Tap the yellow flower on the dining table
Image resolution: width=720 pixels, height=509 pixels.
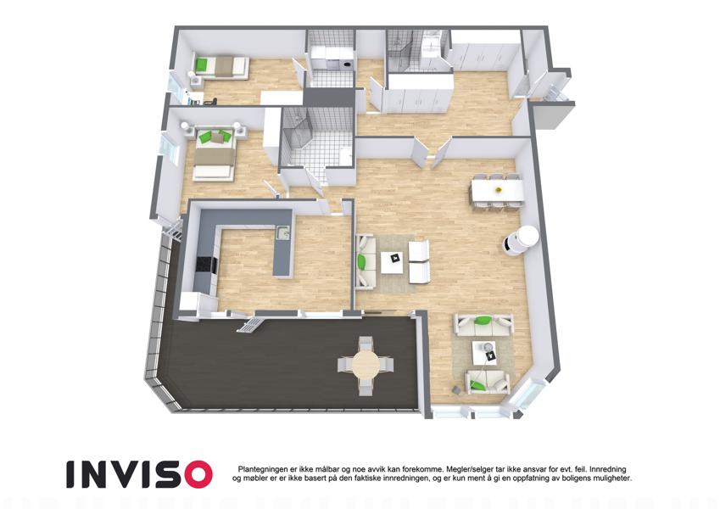click(497, 190)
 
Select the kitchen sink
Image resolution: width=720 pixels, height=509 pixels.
click(284, 233)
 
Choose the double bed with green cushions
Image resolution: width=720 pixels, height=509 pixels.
click(215, 153)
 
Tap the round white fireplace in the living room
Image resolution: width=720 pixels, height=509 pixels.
click(522, 240)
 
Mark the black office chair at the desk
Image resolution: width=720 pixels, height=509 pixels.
click(211, 101)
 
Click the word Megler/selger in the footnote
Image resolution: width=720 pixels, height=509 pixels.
click(469, 469)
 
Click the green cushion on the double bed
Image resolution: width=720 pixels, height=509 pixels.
click(212, 137)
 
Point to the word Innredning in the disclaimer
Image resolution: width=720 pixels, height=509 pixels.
click(608, 469)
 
